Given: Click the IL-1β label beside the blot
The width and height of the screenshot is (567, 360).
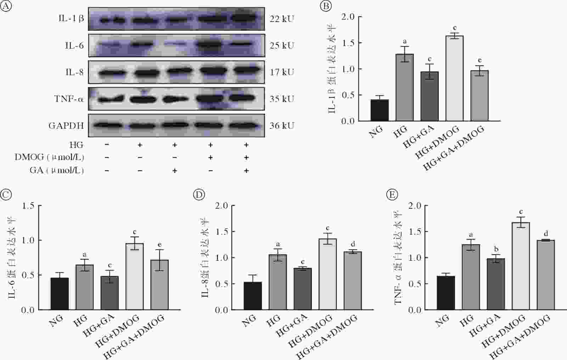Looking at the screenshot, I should click(x=71, y=18).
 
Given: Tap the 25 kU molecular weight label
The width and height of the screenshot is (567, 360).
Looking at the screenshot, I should click(x=281, y=45).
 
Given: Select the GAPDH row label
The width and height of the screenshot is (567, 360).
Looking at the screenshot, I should click(x=66, y=125).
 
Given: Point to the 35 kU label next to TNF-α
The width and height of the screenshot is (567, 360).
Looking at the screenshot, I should click(x=281, y=99).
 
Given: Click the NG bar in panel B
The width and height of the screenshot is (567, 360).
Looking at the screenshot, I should click(x=380, y=110).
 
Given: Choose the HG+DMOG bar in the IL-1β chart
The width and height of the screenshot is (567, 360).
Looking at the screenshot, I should click(x=455, y=78).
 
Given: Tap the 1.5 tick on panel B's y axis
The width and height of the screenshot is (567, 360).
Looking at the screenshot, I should click(x=348, y=43).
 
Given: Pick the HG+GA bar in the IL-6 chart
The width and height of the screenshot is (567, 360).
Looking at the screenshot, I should click(x=110, y=293).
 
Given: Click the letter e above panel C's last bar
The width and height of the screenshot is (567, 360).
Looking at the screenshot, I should click(x=159, y=245).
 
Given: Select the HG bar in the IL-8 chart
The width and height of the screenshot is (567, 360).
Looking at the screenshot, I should click(x=278, y=282).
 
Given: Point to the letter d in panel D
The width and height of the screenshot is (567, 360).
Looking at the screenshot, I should click(x=353, y=244).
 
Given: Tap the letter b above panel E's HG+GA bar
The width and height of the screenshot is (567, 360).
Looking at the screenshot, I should click(x=496, y=249).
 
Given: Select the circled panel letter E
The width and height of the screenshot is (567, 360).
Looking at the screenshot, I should click(x=392, y=195).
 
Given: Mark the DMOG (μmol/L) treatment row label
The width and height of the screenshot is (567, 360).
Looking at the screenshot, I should click(x=49, y=157).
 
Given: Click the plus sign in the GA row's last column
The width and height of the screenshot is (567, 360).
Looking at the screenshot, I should click(x=246, y=171).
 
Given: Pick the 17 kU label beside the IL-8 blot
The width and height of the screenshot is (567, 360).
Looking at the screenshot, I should click(x=281, y=72).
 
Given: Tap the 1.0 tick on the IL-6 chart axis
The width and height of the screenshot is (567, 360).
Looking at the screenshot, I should click(x=28, y=240).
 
